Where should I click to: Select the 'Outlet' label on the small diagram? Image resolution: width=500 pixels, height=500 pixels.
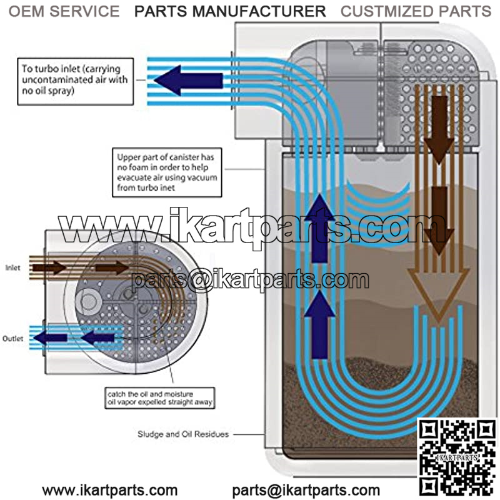pyautogui.click(x=13, y=338)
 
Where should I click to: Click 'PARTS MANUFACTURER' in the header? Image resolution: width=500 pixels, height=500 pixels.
pyautogui.click(x=230, y=11)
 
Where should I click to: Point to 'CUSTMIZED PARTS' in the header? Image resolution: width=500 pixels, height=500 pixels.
pyautogui.click(x=416, y=11)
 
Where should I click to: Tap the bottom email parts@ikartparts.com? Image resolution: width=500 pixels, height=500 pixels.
pyautogui.click(x=306, y=489)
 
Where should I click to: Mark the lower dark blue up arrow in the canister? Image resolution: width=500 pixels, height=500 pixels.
pyautogui.click(x=320, y=322)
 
